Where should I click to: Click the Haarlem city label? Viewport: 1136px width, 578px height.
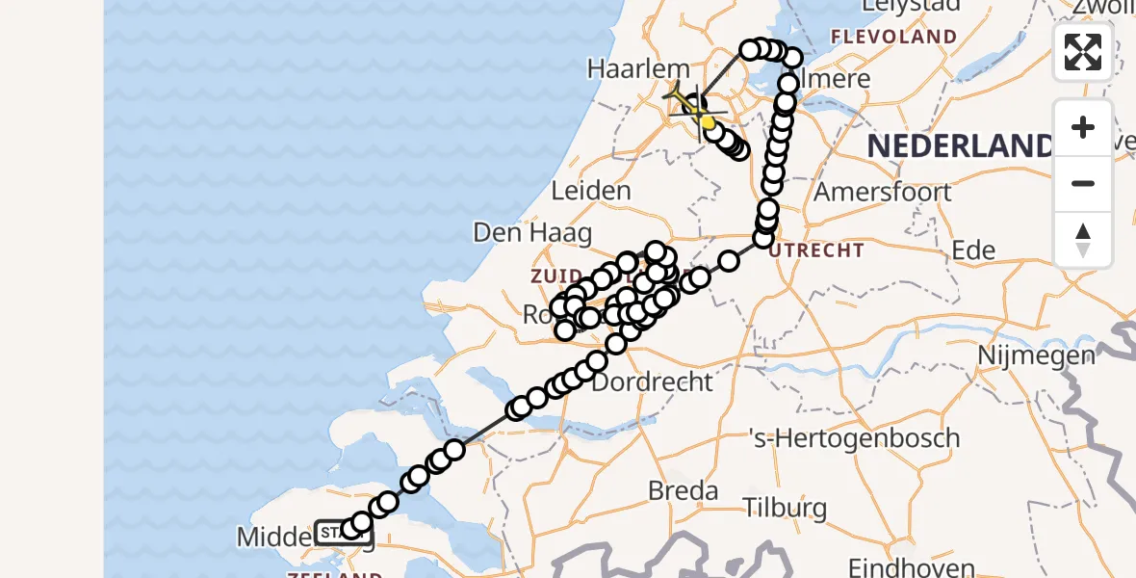coord(639,69)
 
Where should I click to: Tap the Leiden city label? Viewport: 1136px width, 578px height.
coord(591,191)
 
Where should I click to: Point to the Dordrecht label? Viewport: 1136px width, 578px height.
coord(652,381)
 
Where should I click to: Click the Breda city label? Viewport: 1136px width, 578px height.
coord(684,490)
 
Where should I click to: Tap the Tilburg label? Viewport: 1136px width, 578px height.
coord(786,508)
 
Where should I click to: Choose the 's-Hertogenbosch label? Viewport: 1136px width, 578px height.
coord(854,438)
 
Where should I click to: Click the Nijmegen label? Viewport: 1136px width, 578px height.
coord(1036,355)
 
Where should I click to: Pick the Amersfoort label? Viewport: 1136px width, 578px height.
coord(883,191)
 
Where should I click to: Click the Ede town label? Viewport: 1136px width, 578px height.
coord(972,250)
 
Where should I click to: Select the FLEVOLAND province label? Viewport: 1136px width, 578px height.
coord(894,37)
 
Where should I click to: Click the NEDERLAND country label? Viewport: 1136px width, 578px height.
coord(960,146)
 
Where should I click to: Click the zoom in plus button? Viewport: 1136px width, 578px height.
coord(1083,128)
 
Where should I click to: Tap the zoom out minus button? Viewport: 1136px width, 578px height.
coord(1083,183)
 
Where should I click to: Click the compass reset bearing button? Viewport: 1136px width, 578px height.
coord(1083,239)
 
